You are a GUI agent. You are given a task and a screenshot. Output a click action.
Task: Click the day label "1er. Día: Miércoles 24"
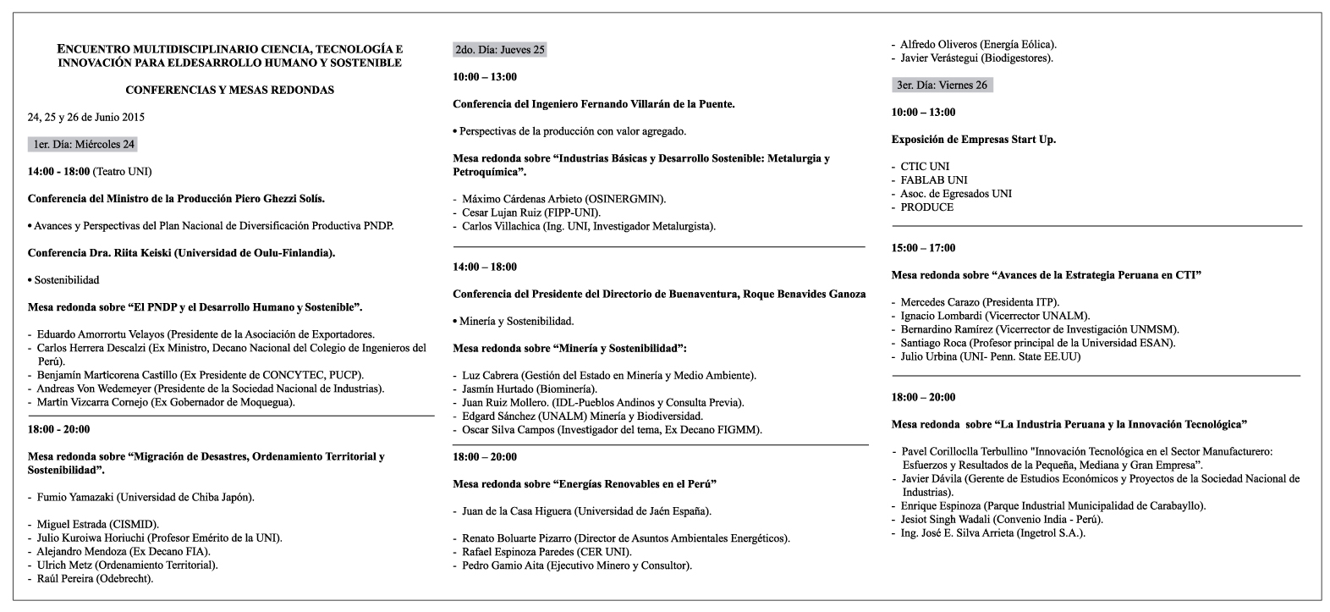82,144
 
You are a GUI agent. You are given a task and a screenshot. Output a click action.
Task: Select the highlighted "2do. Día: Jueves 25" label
499,50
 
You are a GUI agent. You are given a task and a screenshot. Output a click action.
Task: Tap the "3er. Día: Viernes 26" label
942,85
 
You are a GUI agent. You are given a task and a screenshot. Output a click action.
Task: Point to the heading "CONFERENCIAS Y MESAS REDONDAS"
229,89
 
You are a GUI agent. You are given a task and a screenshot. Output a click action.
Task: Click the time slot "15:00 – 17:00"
923,248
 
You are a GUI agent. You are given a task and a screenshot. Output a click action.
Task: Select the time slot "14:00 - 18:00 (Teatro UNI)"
90,171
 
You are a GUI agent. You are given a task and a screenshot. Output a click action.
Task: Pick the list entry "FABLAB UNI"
933,179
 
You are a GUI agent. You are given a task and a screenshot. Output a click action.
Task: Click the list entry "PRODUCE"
926,207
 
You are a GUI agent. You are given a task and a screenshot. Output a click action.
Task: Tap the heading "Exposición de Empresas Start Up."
973,139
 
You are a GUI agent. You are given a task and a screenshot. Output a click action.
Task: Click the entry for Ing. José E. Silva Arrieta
992,532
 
